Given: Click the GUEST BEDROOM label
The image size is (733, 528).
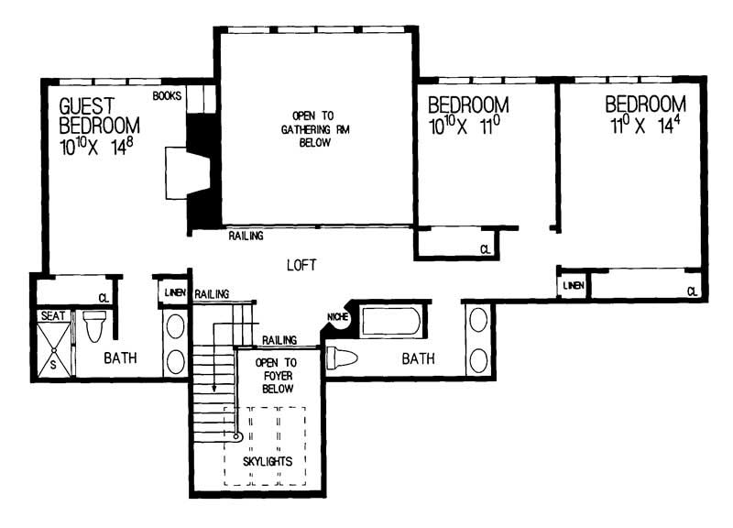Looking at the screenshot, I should tap(99, 115).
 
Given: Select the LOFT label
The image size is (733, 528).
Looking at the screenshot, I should tap(301, 265).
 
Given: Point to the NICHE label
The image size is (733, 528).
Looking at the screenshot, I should tap(336, 317).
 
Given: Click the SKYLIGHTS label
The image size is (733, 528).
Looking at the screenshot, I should tap(268, 460).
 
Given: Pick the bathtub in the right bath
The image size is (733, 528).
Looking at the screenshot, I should tap(391, 323).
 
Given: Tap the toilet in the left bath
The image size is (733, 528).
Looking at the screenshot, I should tap(96, 326).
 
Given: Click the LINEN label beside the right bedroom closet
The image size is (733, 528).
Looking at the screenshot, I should tap(573, 285).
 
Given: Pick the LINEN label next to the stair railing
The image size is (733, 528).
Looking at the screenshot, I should tap(174, 291).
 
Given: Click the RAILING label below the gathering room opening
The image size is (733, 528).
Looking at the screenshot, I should tap(246, 236).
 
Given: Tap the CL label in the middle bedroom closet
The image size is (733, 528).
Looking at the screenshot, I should tap(486, 248).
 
